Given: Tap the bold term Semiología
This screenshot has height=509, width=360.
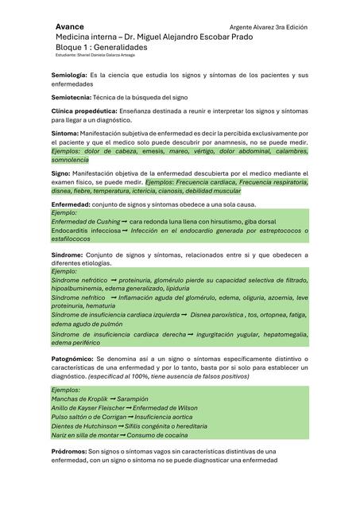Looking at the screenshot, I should tap(69, 74).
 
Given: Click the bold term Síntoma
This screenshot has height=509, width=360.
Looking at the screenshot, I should tap(64, 133).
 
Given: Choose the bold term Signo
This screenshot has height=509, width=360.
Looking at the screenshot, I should tap(60, 172).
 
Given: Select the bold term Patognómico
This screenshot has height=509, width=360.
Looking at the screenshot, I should tap(73, 359).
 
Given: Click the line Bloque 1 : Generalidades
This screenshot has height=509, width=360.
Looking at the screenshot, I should tap(102, 47).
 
